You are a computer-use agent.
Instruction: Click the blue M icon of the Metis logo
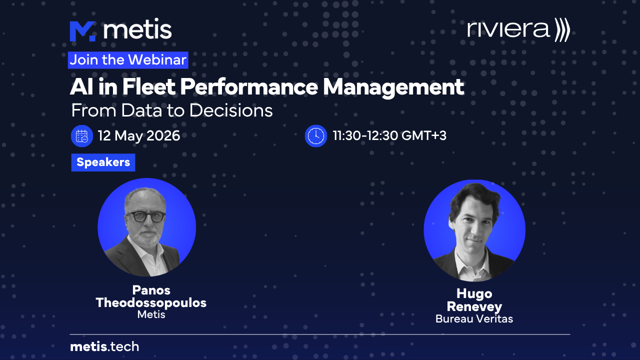(82, 31)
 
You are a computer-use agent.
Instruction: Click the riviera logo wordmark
(508, 29)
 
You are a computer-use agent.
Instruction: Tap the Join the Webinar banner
(128, 60)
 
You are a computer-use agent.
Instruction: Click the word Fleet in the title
(149, 86)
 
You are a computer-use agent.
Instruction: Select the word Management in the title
(393, 87)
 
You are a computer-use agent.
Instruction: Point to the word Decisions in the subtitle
(231, 110)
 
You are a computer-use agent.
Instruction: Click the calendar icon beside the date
(82, 136)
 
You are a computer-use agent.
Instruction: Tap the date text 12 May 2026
(139, 135)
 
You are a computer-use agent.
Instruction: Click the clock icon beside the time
(315, 136)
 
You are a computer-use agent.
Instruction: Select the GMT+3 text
(424, 135)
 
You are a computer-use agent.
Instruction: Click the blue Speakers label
(103, 162)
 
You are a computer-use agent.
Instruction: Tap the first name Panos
(151, 290)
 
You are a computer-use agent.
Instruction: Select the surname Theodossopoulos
(151, 303)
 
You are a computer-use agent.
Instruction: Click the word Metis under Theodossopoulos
(151, 314)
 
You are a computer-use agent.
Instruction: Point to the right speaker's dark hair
(474, 197)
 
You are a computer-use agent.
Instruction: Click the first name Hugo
(474, 293)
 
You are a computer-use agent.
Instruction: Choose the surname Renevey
(474, 307)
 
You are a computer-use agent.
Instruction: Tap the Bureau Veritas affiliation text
(474, 319)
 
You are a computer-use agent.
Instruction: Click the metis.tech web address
(104, 347)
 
